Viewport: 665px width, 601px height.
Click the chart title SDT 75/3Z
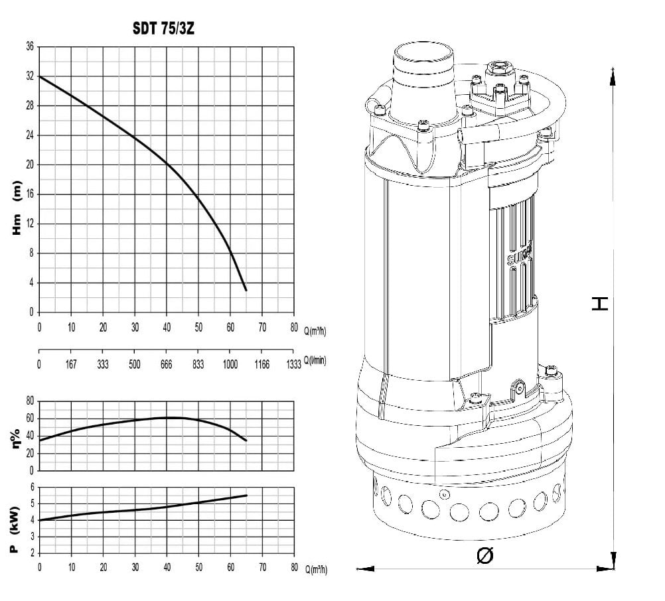pos(163,29)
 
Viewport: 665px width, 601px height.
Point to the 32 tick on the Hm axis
pos(30,76)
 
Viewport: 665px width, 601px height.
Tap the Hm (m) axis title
pos(16,208)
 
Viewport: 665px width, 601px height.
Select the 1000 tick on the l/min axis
pos(230,364)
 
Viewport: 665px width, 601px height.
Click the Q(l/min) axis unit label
pos(315,360)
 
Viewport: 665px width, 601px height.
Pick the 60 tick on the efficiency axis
pos(30,419)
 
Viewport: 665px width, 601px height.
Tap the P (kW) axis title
pos(15,530)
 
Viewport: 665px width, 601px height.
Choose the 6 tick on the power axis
pos(33,487)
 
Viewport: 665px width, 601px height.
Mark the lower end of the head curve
pos(246,291)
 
